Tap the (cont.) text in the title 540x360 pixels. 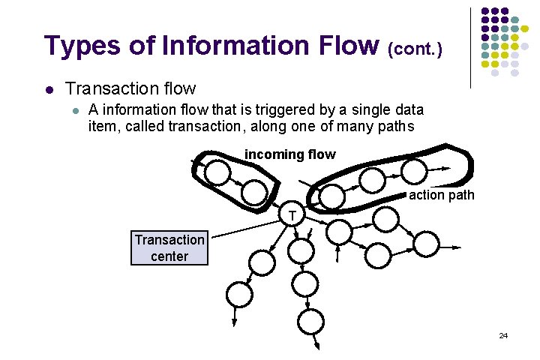coord(415,50)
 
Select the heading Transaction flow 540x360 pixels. coord(130,89)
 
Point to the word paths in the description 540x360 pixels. coord(394,126)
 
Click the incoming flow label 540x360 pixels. coord(290,154)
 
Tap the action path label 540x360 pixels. coord(442,195)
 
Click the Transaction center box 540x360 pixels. coord(169,248)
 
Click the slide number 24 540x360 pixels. coord(503,335)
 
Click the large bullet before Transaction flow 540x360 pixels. coord(49,90)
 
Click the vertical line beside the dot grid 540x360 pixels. coord(471,46)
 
